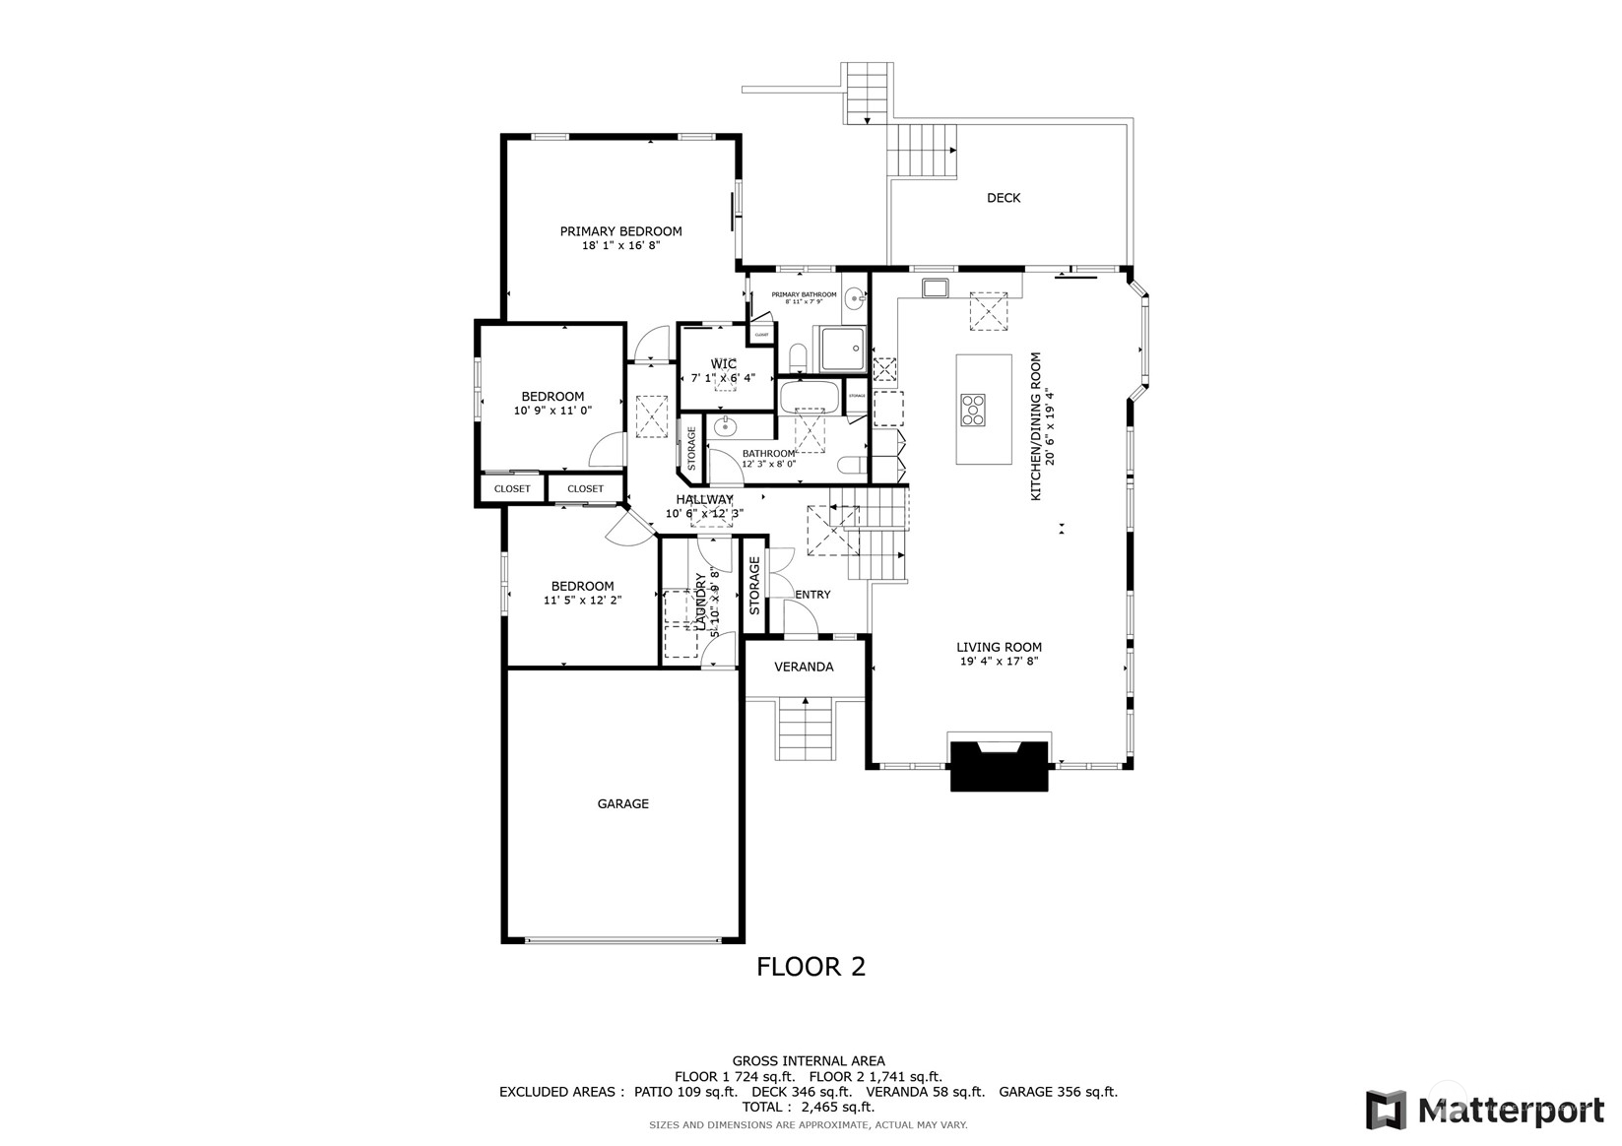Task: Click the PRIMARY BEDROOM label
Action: coord(620,231)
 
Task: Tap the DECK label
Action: coord(1003,198)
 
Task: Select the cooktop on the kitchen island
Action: coord(972,410)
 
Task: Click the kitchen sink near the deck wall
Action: coord(934,287)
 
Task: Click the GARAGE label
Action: coord(622,803)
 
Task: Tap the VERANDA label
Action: coord(804,667)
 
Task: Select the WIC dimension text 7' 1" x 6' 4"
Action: coord(723,378)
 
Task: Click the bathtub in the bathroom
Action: coord(809,398)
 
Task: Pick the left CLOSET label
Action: coord(512,488)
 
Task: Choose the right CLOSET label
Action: coord(585,488)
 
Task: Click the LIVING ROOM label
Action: coord(999,647)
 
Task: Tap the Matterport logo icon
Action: coord(1386,1110)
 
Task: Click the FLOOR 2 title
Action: coord(811,967)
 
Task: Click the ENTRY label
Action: coord(812,595)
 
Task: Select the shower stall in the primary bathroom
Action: coord(843,349)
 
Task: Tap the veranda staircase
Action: coord(806,729)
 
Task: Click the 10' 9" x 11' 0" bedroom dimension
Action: coord(552,411)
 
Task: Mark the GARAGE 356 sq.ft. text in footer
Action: coord(1058,1092)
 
